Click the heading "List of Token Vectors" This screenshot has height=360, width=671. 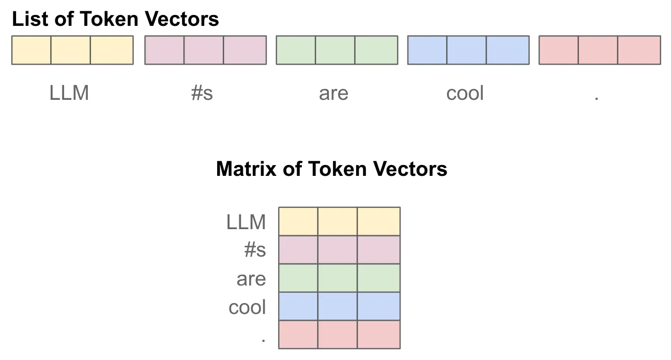click(x=115, y=20)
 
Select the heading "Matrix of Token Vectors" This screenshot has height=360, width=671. click(x=331, y=169)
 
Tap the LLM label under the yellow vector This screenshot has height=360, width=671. click(x=69, y=94)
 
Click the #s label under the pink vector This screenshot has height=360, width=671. click(x=202, y=94)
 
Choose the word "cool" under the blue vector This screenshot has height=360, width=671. click(x=465, y=94)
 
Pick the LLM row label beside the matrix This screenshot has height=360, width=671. click(x=246, y=222)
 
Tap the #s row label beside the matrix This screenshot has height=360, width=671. click(x=255, y=250)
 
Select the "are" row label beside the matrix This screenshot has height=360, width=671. click(x=251, y=279)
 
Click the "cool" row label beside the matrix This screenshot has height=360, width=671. click(x=247, y=307)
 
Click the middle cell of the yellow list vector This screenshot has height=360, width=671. click(x=71, y=50)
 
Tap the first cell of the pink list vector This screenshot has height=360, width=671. click(x=164, y=50)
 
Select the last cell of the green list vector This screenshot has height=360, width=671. click(x=376, y=50)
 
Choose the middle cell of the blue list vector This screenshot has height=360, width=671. click(x=467, y=50)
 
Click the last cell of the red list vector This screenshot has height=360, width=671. click(x=639, y=50)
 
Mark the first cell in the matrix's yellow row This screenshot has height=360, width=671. click(x=298, y=221)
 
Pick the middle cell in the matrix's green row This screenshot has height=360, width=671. click(x=338, y=278)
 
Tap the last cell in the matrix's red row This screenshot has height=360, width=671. click(x=378, y=334)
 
